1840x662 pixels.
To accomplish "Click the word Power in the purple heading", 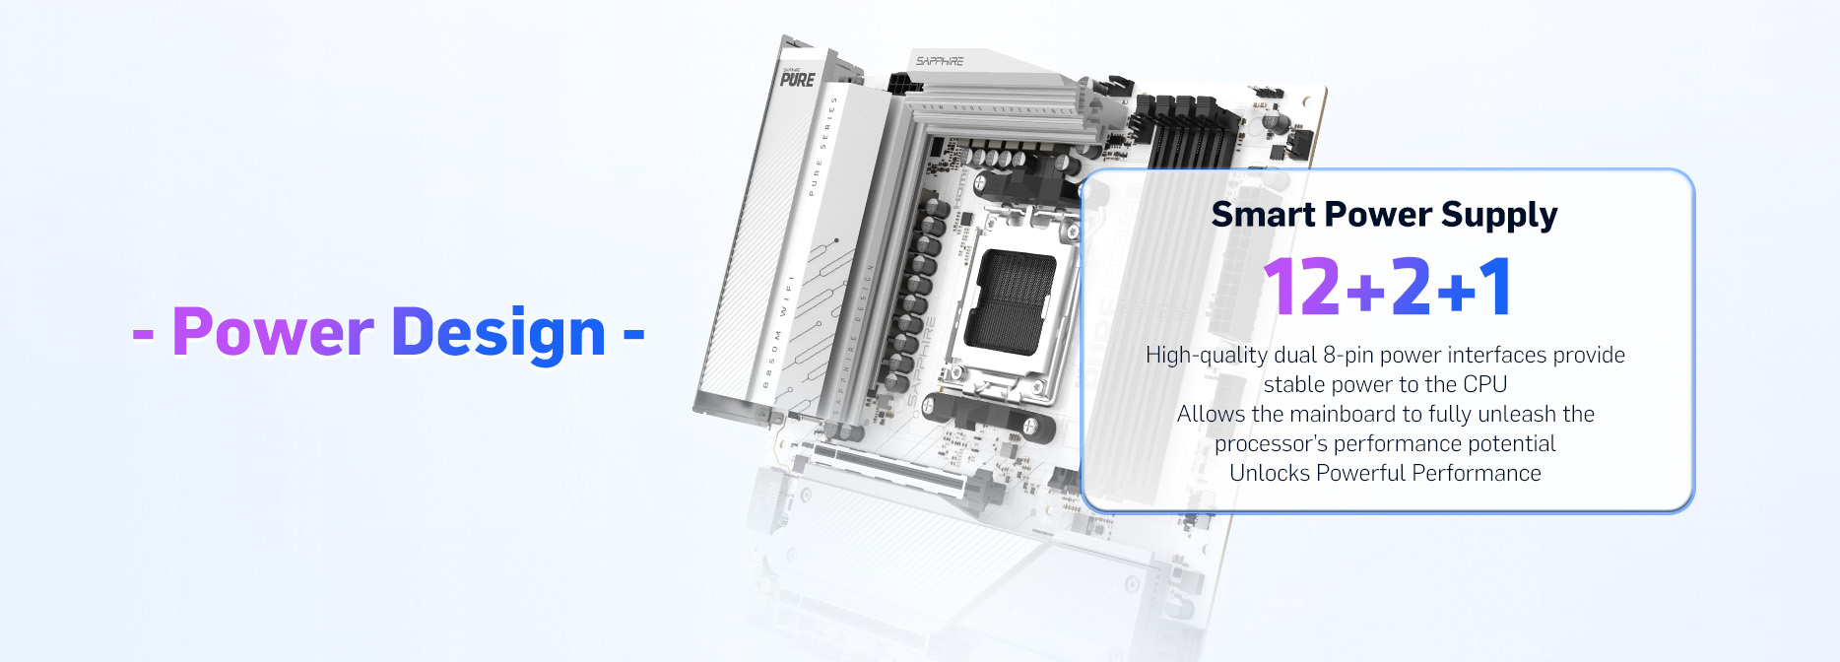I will [272, 333].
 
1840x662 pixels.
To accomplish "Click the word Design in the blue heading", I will [498, 333].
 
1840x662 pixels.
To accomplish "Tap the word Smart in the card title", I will [1262, 215].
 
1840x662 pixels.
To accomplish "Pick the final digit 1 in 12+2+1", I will [1495, 287].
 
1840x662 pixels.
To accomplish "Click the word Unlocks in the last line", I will [1269, 473].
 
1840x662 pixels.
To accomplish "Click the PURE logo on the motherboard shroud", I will [797, 79].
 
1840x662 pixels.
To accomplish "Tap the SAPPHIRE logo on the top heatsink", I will [939, 61].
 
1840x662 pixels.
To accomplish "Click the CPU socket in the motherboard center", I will [1009, 301].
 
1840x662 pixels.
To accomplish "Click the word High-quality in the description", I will [1206, 355].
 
